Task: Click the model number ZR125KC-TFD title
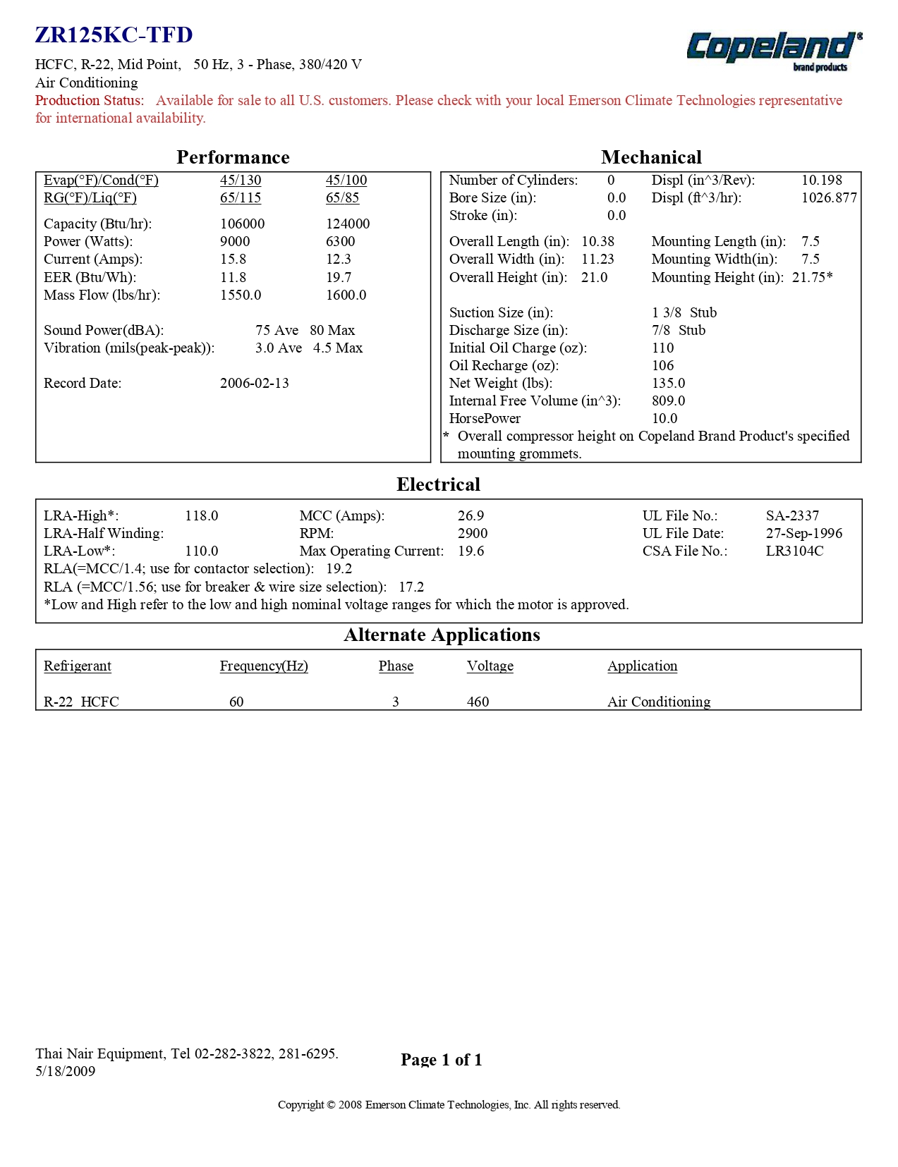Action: [x=114, y=35]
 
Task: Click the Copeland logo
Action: [x=774, y=50]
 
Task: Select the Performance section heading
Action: [x=233, y=157]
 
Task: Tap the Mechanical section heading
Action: [x=651, y=157]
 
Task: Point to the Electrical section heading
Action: [x=438, y=484]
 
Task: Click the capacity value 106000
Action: [x=242, y=224]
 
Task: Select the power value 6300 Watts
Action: [x=340, y=242]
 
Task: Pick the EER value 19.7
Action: [x=339, y=278]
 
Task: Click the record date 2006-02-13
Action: [x=254, y=384]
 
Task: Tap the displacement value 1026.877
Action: [x=829, y=198]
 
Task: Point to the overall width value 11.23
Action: [x=597, y=259]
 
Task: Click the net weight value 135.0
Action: [x=668, y=384]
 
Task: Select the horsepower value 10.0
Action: [x=665, y=419]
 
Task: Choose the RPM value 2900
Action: [x=473, y=534]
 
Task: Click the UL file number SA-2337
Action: [x=792, y=516]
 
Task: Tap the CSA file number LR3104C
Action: [x=794, y=551]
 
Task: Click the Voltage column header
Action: [x=490, y=666]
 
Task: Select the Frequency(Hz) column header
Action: [x=264, y=666]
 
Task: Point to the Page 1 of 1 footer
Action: [x=441, y=1060]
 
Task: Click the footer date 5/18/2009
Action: [x=65, y=1072]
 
